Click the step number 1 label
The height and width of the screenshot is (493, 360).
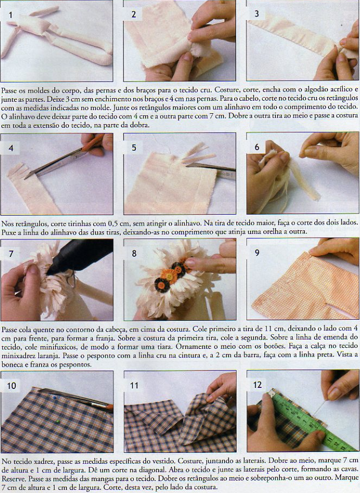[x=10, y=15]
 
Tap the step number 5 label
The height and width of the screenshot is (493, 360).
[x=134, y=148]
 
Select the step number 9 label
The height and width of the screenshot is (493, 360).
[x=257, y=252]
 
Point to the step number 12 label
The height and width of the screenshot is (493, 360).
[x=257, y=385]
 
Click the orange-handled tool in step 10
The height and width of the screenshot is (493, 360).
[x=75, y=399]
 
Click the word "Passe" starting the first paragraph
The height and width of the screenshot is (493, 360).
[x=9, y=90]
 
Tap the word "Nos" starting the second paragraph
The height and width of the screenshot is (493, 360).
[x=8, y=223]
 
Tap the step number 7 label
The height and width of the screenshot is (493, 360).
[x=11, y=254]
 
